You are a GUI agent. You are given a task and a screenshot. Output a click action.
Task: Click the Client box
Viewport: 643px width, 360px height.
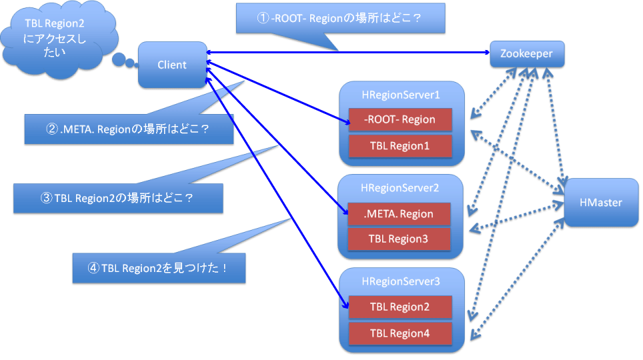click(x=172, y=65)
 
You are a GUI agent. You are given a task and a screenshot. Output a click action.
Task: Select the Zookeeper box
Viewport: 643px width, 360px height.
click(x=527, y=54)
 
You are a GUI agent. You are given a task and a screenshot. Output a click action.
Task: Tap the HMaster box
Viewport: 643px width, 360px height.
click(x=601, y=203)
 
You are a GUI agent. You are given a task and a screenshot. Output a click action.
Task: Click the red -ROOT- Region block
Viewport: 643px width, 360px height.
click(x=400, y=120)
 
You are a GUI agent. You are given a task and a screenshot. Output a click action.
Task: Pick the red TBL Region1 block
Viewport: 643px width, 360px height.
click(x=400, y=146)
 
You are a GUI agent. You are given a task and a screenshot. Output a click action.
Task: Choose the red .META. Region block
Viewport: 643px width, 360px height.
click(x=399, y=214)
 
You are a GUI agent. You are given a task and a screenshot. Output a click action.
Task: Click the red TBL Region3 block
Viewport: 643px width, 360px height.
click(x=399, y=239)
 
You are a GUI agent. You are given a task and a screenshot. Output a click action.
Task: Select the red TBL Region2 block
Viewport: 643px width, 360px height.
click(x=400, y=307)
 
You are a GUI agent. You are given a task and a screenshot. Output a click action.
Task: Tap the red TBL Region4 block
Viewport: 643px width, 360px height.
click(x=400, y=333)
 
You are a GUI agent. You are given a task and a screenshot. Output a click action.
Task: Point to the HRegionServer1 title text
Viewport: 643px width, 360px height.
click(x=401, y=95)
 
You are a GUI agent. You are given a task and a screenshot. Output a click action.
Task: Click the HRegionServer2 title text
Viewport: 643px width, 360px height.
click(x=400, y=188)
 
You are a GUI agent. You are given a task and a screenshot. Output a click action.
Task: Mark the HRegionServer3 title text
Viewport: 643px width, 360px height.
click(x=401, y=282)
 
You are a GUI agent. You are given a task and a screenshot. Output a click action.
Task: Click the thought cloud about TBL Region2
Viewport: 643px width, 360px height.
click(x=57, y=39)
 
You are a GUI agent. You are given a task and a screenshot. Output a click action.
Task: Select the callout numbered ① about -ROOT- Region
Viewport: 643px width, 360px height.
click(x=340, y=19)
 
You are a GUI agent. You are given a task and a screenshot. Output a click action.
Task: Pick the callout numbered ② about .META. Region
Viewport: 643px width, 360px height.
click(x=129, y=129)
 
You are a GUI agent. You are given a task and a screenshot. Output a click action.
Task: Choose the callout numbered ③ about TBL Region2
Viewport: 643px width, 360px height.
click(x=118, y=198)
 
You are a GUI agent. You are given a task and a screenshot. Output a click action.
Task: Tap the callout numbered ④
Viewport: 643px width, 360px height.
click(x=159, y=268)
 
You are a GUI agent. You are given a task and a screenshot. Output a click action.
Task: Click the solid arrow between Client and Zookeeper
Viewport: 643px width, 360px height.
click(x=348, y=53)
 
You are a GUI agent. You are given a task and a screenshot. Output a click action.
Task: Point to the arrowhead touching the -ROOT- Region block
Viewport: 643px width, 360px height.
click(x=347, y=121)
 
